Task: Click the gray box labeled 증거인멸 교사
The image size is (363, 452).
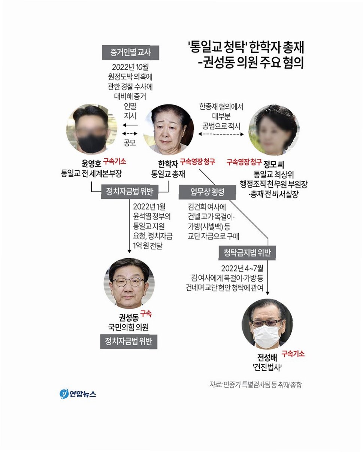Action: (x=130, y=52)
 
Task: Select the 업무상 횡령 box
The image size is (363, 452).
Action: (x=207, y=192)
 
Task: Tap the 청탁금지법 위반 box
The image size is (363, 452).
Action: (x=247, y=253)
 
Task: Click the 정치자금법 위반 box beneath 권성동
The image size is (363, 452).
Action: (x=128, y=342)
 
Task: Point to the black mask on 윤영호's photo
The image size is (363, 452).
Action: (x=92, y=143)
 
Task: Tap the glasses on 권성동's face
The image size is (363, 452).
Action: (x=128, y=282)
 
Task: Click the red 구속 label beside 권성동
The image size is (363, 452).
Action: (x=146, y=314)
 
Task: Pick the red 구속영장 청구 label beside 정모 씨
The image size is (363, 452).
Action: (x=244, y=162)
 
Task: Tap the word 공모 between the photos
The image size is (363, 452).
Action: (x=129, y=143)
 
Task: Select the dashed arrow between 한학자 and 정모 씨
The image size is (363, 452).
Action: (x=221, y=134)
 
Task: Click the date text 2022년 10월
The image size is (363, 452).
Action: (x=130, y=68)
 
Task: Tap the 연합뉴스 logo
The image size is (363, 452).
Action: (x=78, y=394)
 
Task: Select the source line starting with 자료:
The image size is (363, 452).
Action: (x=255, y=385)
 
